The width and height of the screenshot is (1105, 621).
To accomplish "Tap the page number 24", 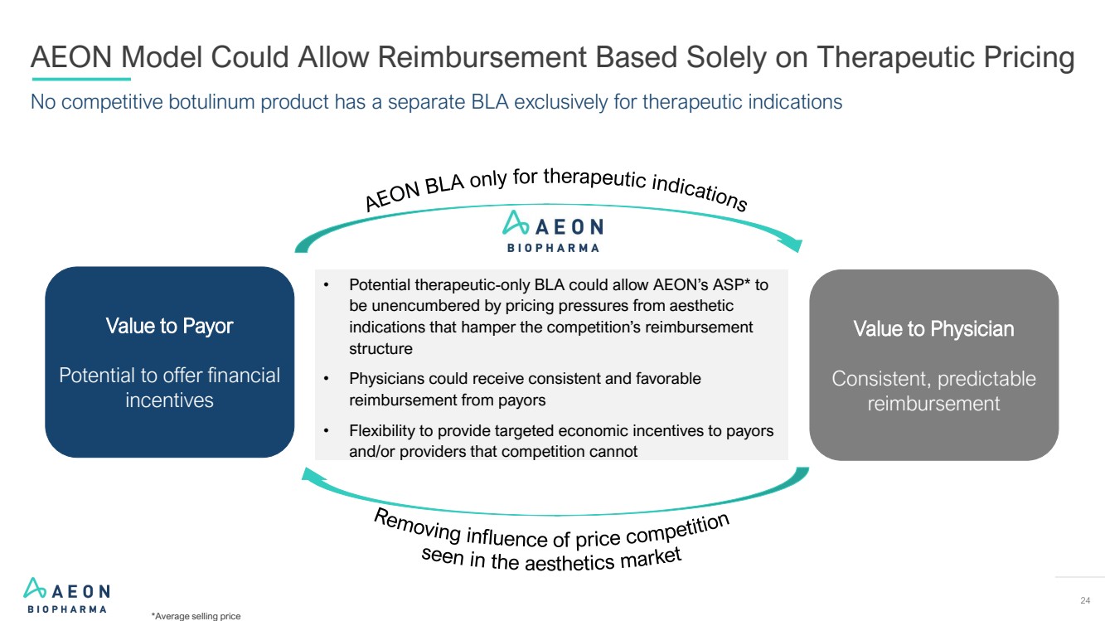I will point(1085,601).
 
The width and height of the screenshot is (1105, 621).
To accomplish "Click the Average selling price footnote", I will point(196,616).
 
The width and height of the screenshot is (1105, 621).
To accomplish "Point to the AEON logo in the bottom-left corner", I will point(66,594).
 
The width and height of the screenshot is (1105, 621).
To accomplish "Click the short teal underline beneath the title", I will point(80,80).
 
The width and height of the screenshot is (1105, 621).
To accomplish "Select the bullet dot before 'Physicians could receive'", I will point(327,379).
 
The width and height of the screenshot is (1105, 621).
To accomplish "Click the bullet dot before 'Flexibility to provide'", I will point(327,431).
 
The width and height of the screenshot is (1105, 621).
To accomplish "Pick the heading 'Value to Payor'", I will point(169,326).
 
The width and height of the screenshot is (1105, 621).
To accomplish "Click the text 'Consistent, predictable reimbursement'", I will point(933,391).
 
